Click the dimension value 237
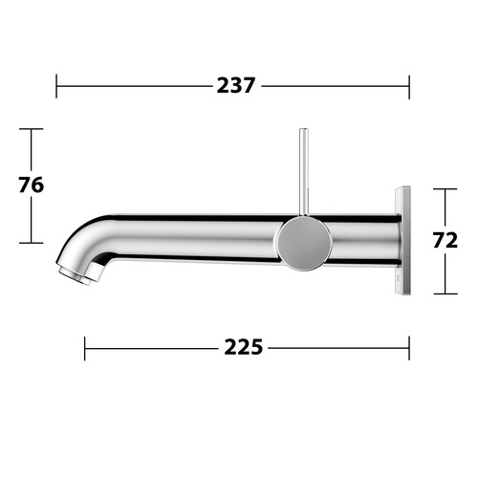click(x=236, y=85)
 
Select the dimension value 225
click(x=244, y=347)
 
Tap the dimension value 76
click(x=31, y=185)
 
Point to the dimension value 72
click(x=445, y=240)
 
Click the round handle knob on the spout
click(x=304, y=243)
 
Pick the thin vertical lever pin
click(x=304, y=172)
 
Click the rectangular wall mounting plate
click(x=402, y=240)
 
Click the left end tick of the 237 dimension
click(x=56, y=86)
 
